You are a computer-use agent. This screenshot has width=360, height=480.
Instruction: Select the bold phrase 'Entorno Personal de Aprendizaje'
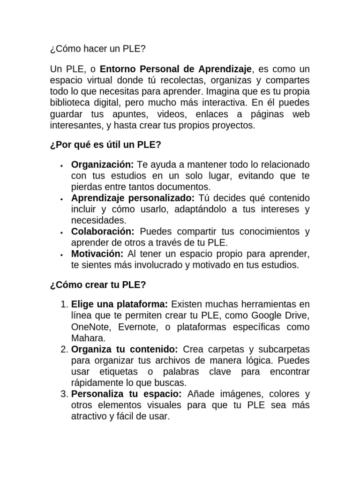[177, 69]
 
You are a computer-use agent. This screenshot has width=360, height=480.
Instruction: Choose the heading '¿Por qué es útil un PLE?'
[105, 145]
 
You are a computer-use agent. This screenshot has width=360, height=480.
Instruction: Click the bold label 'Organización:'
[102, 165]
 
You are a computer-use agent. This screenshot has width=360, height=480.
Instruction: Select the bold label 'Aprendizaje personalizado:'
[132, 198]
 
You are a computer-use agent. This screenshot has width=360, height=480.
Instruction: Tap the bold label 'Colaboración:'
[103, 232]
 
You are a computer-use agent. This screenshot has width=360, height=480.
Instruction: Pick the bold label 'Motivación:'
[97, 254]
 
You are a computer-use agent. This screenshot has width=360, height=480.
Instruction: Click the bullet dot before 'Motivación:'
[62, 255]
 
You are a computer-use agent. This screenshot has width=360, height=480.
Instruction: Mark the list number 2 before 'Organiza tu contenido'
[65, 349]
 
